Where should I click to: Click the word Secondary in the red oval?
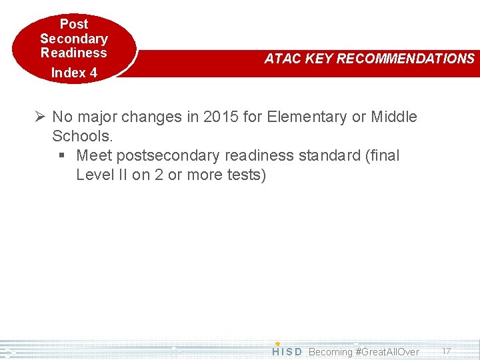[x=73, y=39]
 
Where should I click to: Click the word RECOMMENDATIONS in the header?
[x=405, y=59]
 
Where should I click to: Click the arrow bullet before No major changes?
[x=41, y=117]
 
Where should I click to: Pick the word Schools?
[x=83, y=136]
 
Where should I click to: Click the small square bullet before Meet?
[x=61, y=156]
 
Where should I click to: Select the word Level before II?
[x=95, y=175]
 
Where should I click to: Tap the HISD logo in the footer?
[x=287, y=351]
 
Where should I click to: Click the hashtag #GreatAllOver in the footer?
[x=387, y=351]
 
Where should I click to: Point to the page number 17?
[x=447, y=351]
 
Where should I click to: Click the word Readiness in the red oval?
[x=73, y=53]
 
